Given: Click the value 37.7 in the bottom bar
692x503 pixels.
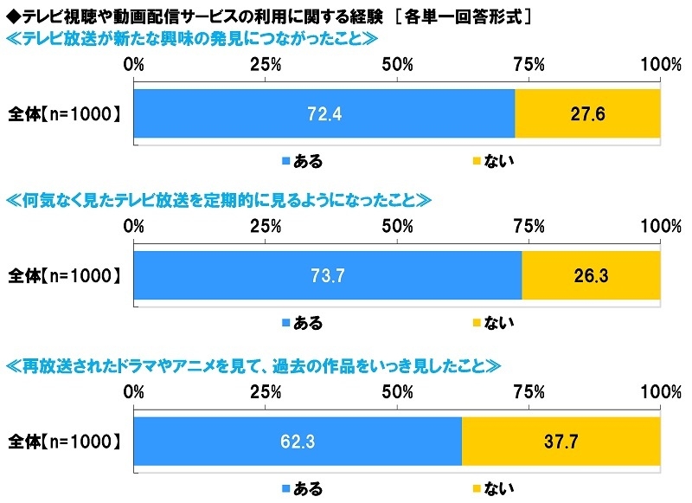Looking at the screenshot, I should (x=561, y=442).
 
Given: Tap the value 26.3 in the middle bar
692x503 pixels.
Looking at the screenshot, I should (x=591, y=277).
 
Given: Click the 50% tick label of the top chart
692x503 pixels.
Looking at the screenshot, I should (x=397, y=65).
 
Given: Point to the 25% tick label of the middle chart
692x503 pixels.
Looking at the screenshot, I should (x=265, y=227).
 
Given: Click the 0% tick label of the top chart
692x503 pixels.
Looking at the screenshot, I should (x=134, y=65).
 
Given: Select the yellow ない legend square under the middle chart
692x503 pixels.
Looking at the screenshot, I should (x=476, y=324).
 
